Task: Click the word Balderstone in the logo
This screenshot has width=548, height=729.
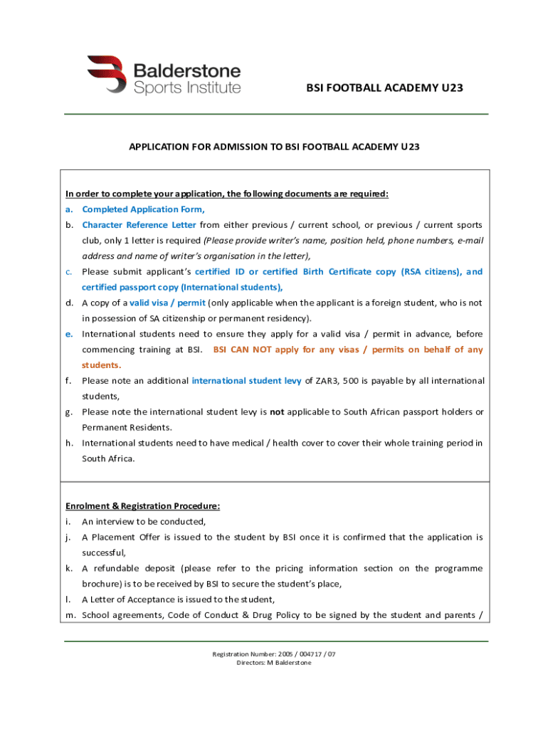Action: click(187, 71)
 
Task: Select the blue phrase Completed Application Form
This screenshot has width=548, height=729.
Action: click(143, 209)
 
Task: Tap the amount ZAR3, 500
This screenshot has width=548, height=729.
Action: click(332, 381)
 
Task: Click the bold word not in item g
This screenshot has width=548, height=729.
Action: click(277, 412)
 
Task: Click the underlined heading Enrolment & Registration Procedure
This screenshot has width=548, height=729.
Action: click(143, 506)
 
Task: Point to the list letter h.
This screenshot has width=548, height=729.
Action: click(70, 443)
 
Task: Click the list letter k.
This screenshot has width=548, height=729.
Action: click(69, 568)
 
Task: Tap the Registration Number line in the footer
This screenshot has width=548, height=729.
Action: click(274, 654)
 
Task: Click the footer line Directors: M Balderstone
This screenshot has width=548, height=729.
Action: click(274, 663)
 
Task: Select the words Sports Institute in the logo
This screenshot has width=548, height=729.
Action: click(187, 88)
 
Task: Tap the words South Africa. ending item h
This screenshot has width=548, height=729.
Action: click(108, 458)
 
